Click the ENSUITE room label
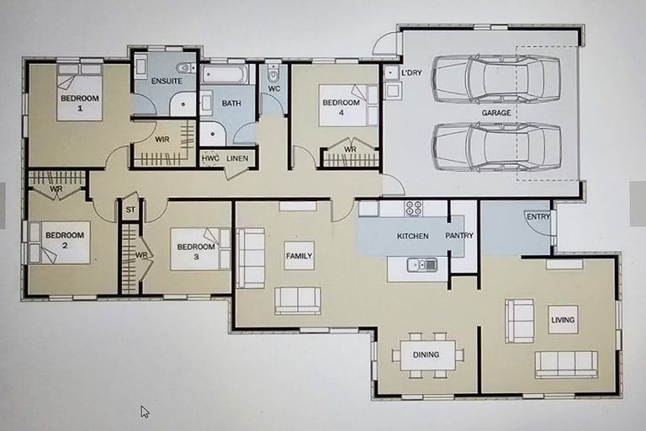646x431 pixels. pos(167,81)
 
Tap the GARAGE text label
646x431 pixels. pos(496,113)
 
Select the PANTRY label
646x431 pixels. pos(459,236)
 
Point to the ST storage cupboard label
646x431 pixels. pos(130,210)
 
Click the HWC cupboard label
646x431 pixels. pos(210,158)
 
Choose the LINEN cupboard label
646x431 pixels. pos(237,158)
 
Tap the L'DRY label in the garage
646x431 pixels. pos(411,73)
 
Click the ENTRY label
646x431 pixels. pos(538,216)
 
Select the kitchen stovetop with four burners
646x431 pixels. pos(413,208)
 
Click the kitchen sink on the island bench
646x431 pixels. pos(422,265)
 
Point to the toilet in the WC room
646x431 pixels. pos(273,73)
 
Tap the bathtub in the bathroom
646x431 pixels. pos(224,75)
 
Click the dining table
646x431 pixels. pos(427,354)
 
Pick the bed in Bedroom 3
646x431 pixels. pos(200,249)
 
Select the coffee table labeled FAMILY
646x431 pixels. pos(299,256)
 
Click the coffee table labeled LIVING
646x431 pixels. pos(563,320)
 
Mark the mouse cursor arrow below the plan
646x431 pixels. pos(145,412)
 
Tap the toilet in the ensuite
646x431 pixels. pos(186,67)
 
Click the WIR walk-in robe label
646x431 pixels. pos(161,140)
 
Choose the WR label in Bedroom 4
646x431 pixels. pos(350,149)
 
